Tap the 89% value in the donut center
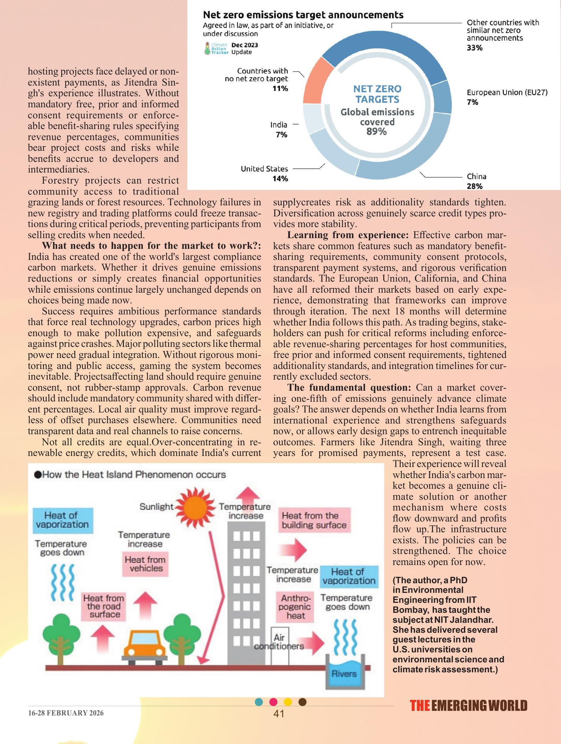click(376, 132)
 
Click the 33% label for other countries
click(474, 48)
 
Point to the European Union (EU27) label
click(507, 93)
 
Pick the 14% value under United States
click(280, 179)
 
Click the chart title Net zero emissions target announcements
click(303, 15)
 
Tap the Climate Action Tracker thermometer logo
click(207, 48)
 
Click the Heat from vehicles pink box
click(145, 564)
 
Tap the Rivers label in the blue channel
click(344, 673)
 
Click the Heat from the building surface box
click(314, 520)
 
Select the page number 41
click(279, 713)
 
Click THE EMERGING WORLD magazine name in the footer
click(468, 706)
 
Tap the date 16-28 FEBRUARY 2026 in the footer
click(66, 713)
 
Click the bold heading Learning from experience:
click(348, 235)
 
